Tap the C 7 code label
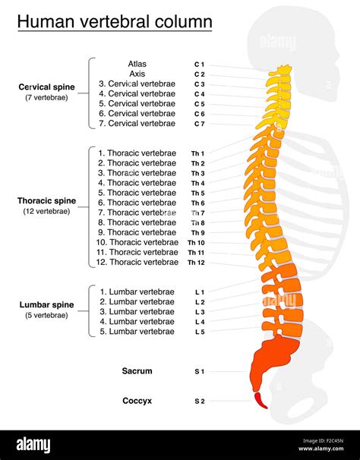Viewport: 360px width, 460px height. click(199, 124)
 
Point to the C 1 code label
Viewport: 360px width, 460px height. click(199, 65)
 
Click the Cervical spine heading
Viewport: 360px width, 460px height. click(46, 87)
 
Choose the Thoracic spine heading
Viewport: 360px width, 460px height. click(46, 201)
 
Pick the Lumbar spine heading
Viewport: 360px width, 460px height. click(46, 305)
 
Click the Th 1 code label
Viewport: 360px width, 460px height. click(197, 153)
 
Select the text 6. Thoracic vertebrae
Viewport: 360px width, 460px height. click(137, 203)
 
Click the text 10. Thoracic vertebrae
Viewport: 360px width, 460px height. click(137, 242)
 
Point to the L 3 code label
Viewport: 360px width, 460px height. click(198, 312)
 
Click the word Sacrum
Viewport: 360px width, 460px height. click(137, 371)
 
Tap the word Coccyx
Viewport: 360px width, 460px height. click(137, 400)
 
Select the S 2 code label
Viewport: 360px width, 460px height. click(198, 400)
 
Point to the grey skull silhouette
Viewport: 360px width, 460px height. click(304, 46)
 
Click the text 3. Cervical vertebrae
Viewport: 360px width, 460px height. click(137, 84)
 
